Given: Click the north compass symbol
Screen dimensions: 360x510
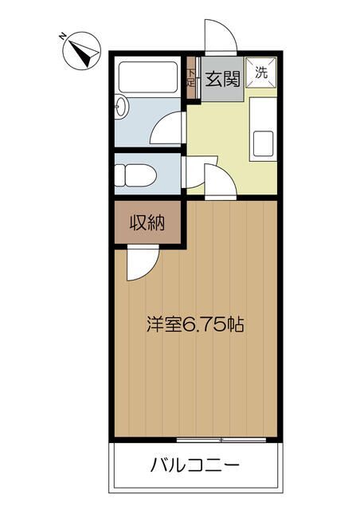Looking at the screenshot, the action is click(x=81, y=51).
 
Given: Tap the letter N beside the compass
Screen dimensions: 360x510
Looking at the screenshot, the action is click(x=62, y=36).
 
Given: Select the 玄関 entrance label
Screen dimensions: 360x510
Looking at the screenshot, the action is click(x=222, y=79).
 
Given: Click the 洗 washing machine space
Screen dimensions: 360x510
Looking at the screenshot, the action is click(x=261, y=73).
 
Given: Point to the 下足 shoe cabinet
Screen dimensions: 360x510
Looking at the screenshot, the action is click(x=191, y=78).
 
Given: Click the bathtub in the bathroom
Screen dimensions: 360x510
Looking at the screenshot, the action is click(x=148, y=77).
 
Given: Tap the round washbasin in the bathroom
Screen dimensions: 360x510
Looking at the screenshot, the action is click(x=122, y=106).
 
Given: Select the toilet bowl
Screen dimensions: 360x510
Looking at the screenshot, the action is click(x=135, y=175).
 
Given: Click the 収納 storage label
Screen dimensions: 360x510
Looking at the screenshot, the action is click(x=147, y=223).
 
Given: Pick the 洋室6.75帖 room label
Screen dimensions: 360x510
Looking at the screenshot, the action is click(x=195, y=324).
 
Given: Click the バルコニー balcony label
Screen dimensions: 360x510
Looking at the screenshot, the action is click(x=195, y=465).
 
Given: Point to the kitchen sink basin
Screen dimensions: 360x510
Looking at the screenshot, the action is click(x=263, y=143).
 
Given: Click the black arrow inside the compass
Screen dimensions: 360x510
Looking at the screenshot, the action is click(x=84, y=52).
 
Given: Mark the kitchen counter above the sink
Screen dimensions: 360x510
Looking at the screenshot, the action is click(x=263, y=114).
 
